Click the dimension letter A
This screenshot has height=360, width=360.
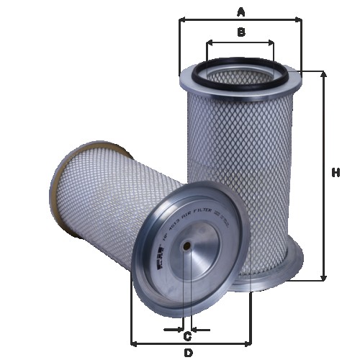pos(241,12)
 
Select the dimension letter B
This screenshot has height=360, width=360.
pos(241,32)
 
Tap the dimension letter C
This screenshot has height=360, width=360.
pos(187,337)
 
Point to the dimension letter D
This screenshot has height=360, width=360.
pos(188,353)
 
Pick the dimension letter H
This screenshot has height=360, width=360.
pos(336,173)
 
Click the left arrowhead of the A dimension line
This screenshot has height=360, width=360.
pos(182,21)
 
